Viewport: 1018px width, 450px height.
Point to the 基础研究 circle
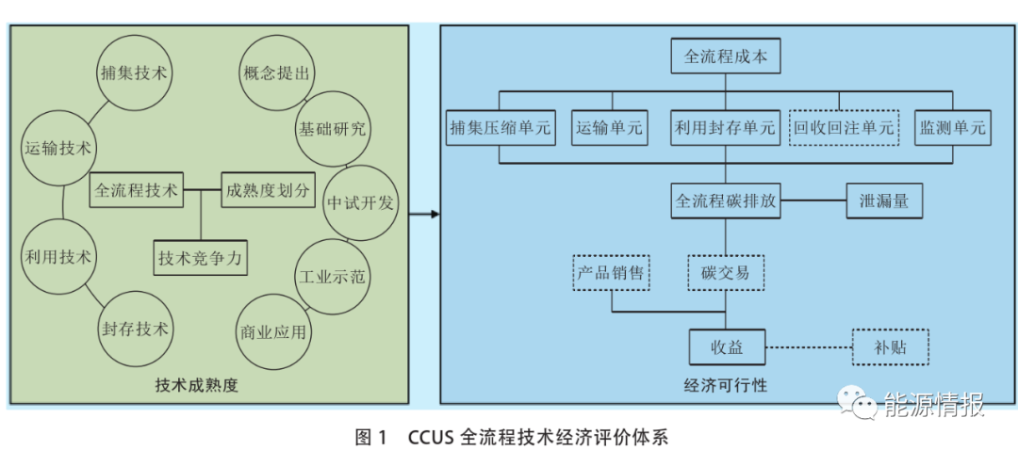coord(332,129)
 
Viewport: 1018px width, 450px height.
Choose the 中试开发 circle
coord(361,202)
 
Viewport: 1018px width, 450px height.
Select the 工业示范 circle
coord(333,278)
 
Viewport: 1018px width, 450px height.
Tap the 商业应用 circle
coord(272,332)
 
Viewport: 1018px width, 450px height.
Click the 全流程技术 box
coord(136,189)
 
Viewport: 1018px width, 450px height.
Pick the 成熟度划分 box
coord(268,189)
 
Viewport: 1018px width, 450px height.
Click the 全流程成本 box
coord(726,57)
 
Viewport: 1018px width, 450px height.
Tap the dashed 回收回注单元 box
coord(843,128)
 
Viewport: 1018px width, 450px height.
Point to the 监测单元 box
coord(952,128)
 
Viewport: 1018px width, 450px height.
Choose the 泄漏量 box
coord(882,201)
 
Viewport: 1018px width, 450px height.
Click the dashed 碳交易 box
coord(726,272)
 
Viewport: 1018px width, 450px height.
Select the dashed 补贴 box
coord(890,347)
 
